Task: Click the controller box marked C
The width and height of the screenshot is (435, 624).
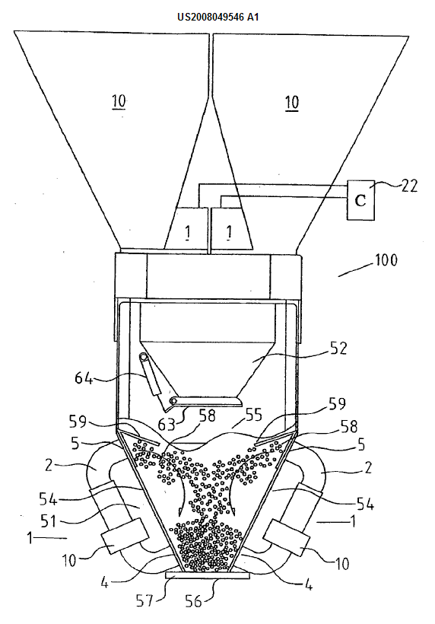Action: (x=360, y=200)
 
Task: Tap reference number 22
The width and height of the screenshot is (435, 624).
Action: (x=408, y=186)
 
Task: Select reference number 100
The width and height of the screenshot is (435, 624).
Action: (x=386, y=260)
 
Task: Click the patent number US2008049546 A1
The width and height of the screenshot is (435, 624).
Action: (x=218, y=17)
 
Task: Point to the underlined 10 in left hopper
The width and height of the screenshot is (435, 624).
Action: (x=119, y=101)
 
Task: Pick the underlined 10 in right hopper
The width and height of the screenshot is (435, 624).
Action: (x=291, y=103)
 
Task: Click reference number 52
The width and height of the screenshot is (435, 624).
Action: (x=338, y=349)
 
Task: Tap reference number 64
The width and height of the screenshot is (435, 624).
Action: (x=84, y=377)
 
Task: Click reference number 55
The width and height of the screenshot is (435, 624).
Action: (x=254, y=415)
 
